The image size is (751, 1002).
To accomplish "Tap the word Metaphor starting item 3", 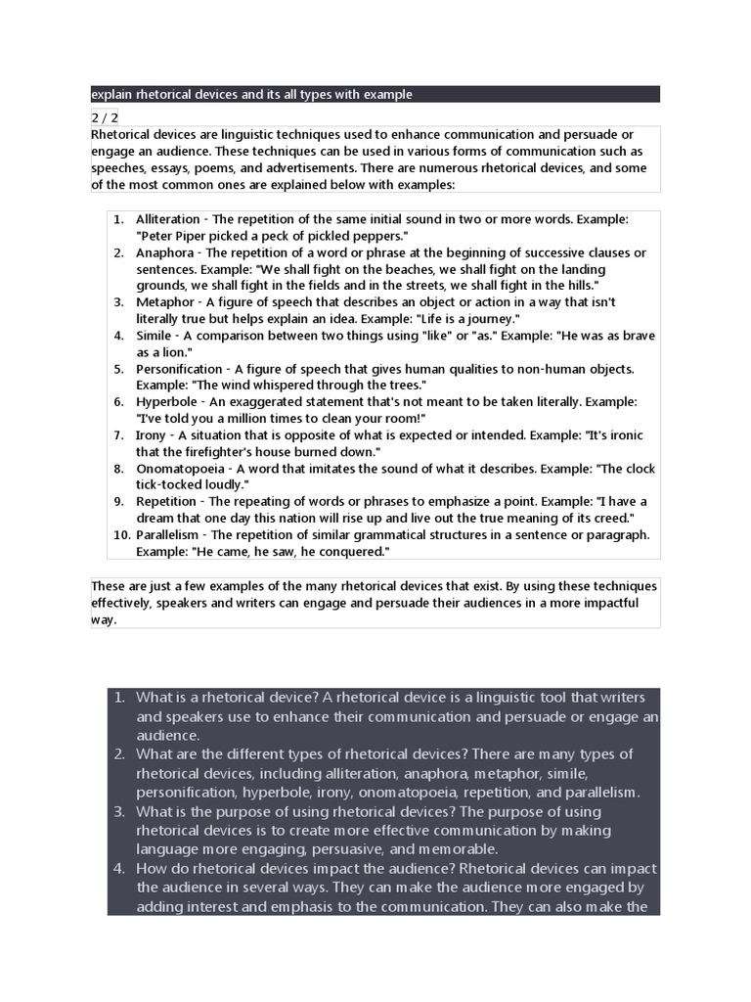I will click(x=165, y=302).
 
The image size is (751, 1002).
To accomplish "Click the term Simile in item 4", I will click(x=155, y=336).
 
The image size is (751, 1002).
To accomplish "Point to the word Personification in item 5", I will click(x=179, y=369).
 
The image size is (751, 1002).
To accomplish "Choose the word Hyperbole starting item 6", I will click(x=165, y=402).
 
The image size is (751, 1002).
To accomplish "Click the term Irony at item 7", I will click(x=151, y=435).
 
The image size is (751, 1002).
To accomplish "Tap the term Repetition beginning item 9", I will click(x=166, y=502).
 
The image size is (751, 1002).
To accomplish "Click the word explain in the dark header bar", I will click(x=111, y=94).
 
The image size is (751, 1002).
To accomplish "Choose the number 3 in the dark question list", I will click(x=119, y=811).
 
